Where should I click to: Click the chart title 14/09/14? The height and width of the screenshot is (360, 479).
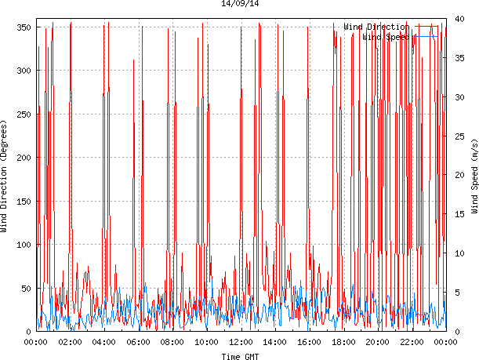[240, 5]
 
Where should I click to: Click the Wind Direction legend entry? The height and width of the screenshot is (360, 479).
[376, 27]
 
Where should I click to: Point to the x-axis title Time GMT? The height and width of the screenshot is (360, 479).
[240, 355]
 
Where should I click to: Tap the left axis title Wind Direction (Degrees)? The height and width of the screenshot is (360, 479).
[5, 177]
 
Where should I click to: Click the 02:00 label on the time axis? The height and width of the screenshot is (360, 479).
[70, 342]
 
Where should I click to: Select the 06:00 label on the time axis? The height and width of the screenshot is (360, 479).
[138, 342]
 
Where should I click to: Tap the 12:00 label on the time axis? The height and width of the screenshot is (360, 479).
[241, 342]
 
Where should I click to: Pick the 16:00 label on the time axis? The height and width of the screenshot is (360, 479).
[309, 342]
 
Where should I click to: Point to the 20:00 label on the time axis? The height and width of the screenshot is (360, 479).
[377, 342]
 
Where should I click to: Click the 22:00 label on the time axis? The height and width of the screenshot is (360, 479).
[412, 342]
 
